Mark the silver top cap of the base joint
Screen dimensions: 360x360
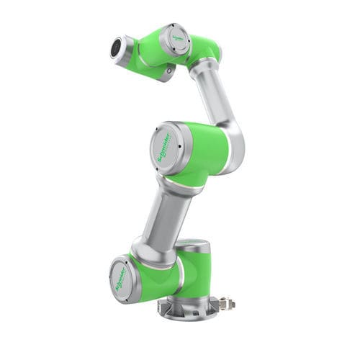[193, 245]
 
